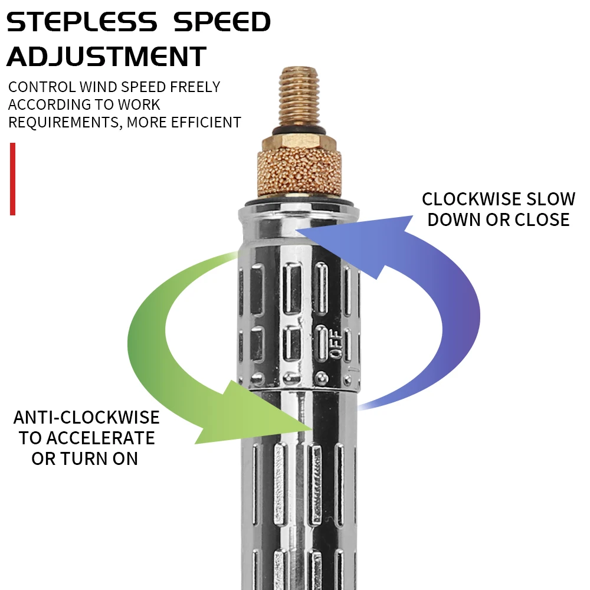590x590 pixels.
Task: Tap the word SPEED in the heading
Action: pos(221,22)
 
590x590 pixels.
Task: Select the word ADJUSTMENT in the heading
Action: pos(107,57)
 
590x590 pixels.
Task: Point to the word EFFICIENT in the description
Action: pos(206,122)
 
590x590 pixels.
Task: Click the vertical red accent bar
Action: pos(12,179)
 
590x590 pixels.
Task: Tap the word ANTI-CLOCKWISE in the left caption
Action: pos(87,418)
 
